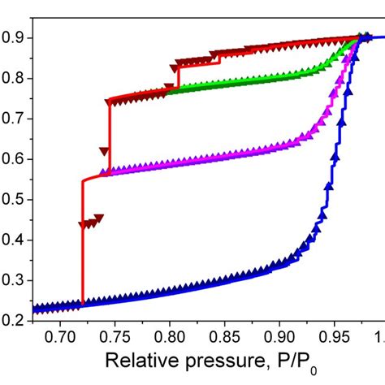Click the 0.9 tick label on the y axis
coord(14,37)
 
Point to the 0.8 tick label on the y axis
coord(14,78)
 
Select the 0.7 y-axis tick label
coord(14,119)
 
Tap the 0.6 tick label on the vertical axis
coord(14,159)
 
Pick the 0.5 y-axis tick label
coord(14,200)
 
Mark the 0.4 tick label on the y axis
coord(14,240)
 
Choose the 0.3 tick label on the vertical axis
coord(14,281)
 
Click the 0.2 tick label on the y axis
coord(14,321)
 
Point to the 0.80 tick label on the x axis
coord(170,336)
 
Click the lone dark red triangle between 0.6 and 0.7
coord(103,150)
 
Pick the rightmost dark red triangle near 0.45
coord(99,218)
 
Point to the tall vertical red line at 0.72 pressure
coord(83,244)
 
